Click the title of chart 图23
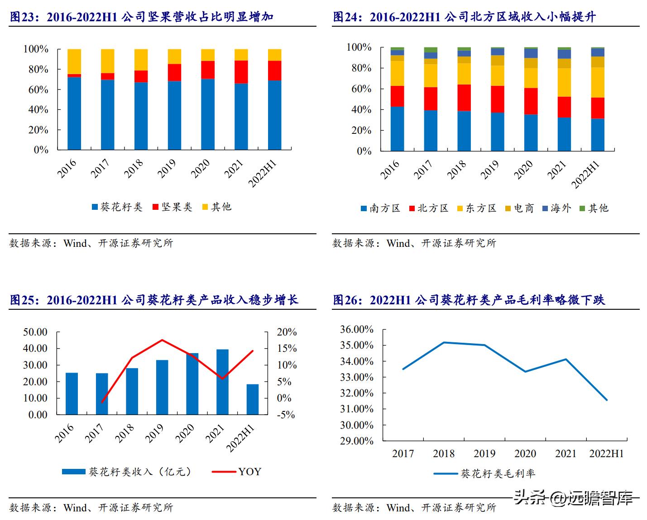(142, 17)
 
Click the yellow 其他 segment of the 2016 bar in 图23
(74, 61)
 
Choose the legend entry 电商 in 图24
(519, 208)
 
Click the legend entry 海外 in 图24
(556, 208)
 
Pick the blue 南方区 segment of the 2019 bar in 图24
(498, 132)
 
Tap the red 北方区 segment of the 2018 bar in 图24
(464, 98)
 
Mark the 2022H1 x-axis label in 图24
(586, 174)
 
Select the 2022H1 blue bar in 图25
(253, 399)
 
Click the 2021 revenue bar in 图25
(222, 382)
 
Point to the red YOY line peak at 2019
(162, 340)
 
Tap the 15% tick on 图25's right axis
(287, 349)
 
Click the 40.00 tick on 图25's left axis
(35, 349)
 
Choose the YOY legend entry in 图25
(237, 472)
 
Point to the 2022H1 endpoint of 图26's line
(607, 400)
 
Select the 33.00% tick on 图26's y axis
(357, 378)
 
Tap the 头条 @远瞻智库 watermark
(573, 498)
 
